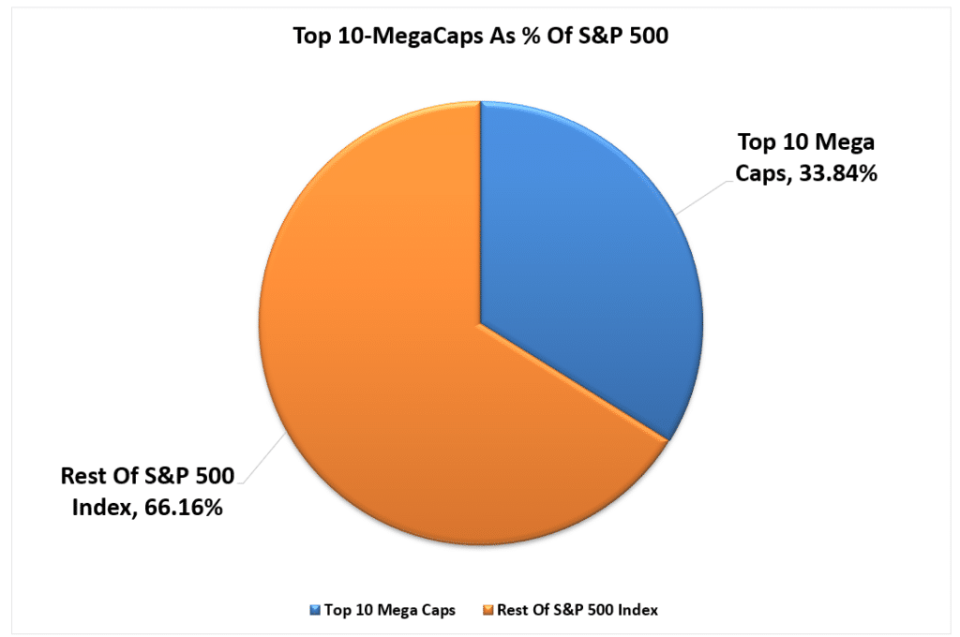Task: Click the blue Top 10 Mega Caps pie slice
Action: pos(591,281)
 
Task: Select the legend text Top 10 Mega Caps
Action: pos(389,610)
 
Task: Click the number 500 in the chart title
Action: pos(613,37)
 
